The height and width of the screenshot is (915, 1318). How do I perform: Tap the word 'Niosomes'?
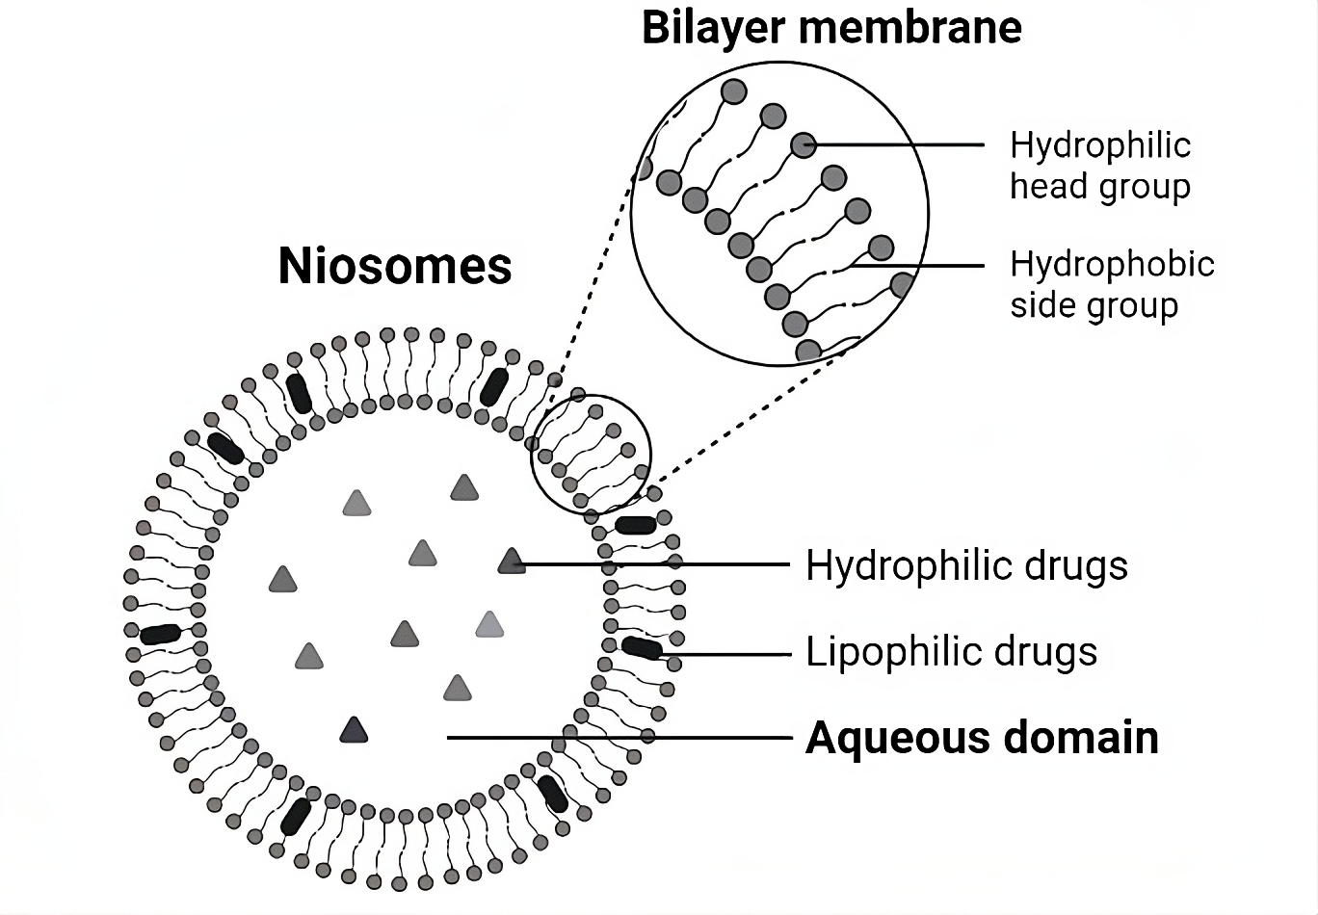click(395, 266)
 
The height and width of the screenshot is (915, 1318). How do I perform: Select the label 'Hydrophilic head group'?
click(1100, 166)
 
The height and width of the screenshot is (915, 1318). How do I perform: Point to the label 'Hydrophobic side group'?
click(1112, 284)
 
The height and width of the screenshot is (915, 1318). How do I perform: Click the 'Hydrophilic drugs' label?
click(966, 565)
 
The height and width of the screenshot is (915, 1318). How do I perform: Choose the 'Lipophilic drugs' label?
click(951, 652)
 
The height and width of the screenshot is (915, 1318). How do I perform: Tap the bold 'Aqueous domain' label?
click(982, 738)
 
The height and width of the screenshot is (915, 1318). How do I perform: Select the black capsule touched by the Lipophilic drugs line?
click(642, 648)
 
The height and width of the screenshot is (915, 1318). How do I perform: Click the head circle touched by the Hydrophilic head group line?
click(804, 145)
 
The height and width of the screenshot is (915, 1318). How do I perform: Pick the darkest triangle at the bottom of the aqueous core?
click(354, 731)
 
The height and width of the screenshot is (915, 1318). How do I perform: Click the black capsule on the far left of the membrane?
click(160, 634)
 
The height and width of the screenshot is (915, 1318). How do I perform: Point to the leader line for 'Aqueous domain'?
click(617, 738)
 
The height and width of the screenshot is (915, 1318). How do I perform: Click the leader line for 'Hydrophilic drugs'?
click(655, 564)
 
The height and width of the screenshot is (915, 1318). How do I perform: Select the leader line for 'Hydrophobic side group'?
click(915, 266)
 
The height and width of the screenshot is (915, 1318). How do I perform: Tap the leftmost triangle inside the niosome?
click(282, 579)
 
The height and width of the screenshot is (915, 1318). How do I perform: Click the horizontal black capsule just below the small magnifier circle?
click(636, 524)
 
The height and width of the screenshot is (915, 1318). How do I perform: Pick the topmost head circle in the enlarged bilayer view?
click(734, 91)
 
